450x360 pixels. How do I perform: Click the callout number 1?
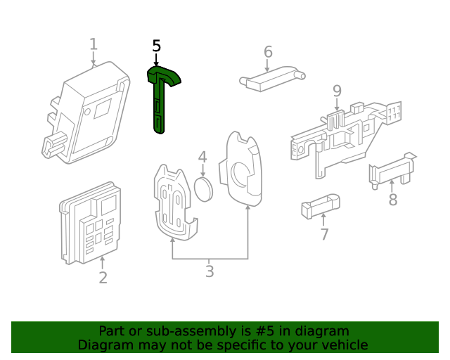point(93,45)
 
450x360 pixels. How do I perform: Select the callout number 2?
point(103,278)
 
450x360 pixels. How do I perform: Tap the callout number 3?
point(210,271)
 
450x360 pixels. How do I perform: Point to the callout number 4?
point(202,157)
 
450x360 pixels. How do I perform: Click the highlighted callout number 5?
point(156,46)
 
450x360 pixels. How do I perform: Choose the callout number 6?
point(268,52)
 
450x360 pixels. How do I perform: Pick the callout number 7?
point(324,235)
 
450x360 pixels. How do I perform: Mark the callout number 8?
point(392,200)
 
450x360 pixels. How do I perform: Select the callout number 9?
point(337,91)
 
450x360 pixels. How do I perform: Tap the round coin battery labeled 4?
point(204,188)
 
